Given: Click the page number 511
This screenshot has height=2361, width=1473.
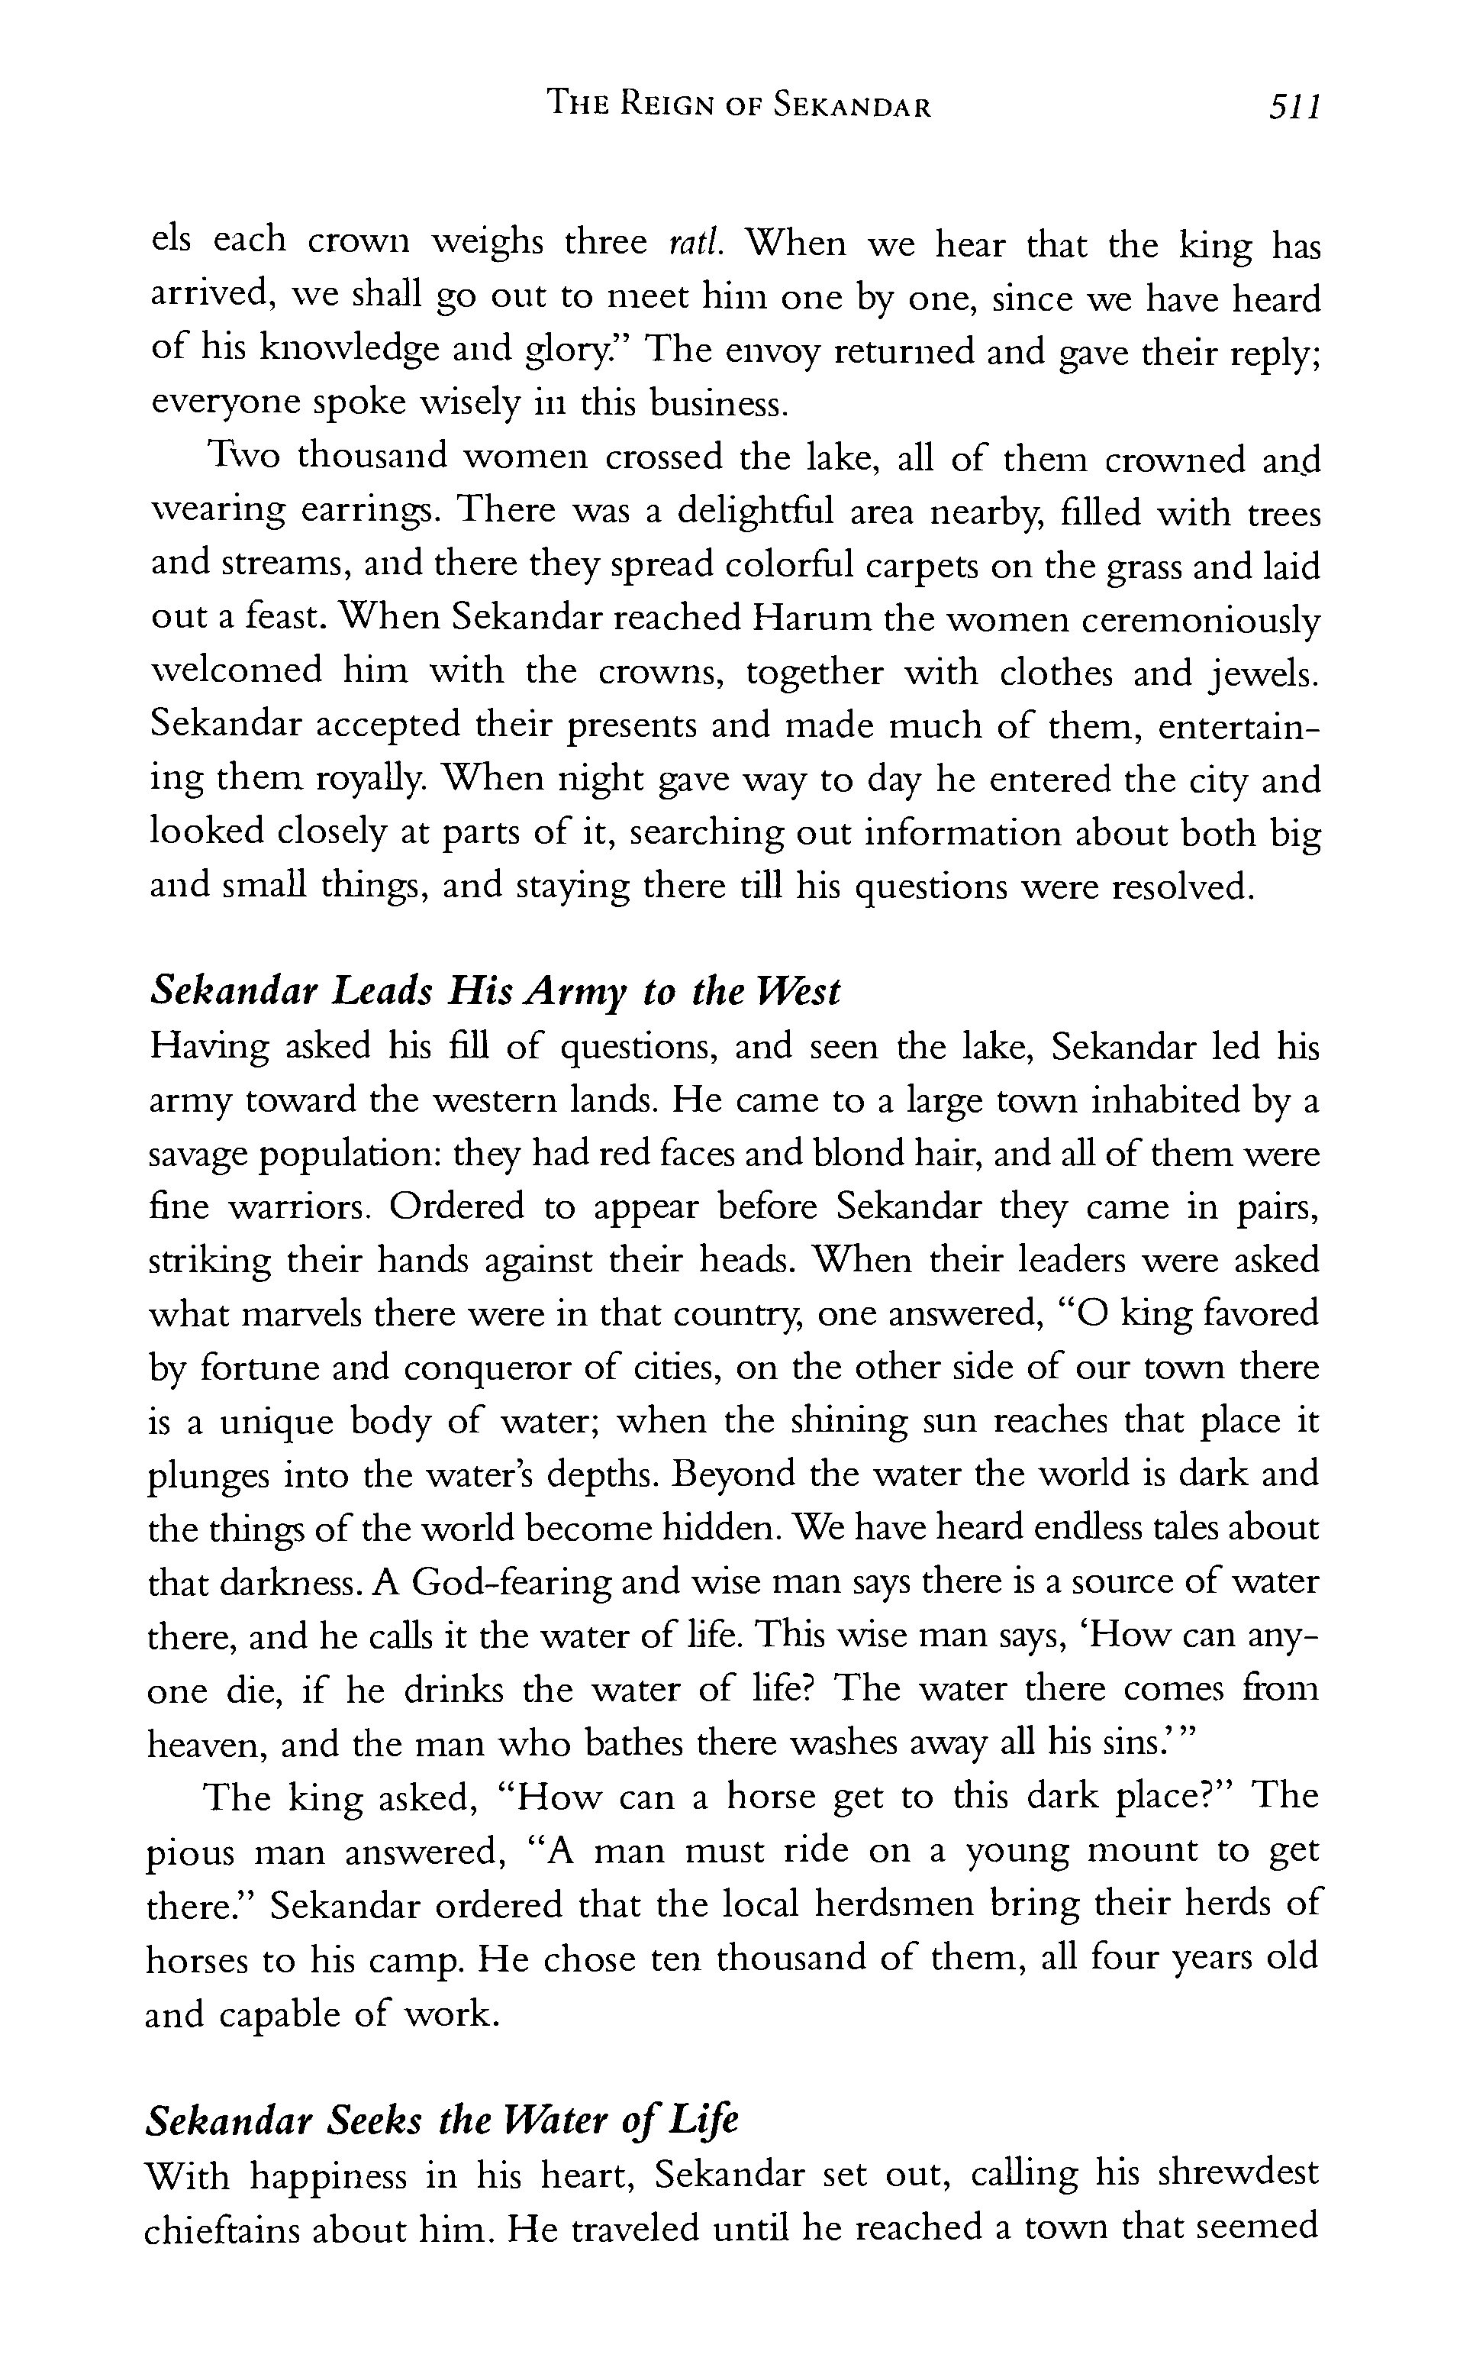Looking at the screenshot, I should point(1293,106).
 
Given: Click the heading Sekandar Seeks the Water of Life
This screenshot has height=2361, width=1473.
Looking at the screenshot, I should point(441,2120).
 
